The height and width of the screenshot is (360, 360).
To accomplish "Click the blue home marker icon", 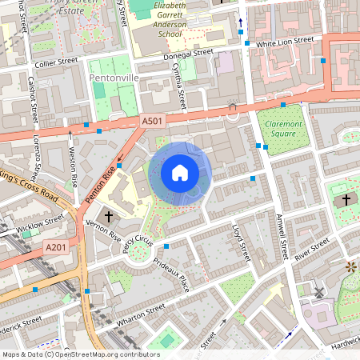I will tap(180, 173).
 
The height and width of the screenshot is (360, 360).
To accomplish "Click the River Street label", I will tap(312, 249).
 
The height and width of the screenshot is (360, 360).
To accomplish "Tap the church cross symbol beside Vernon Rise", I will tap(109, 216).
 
